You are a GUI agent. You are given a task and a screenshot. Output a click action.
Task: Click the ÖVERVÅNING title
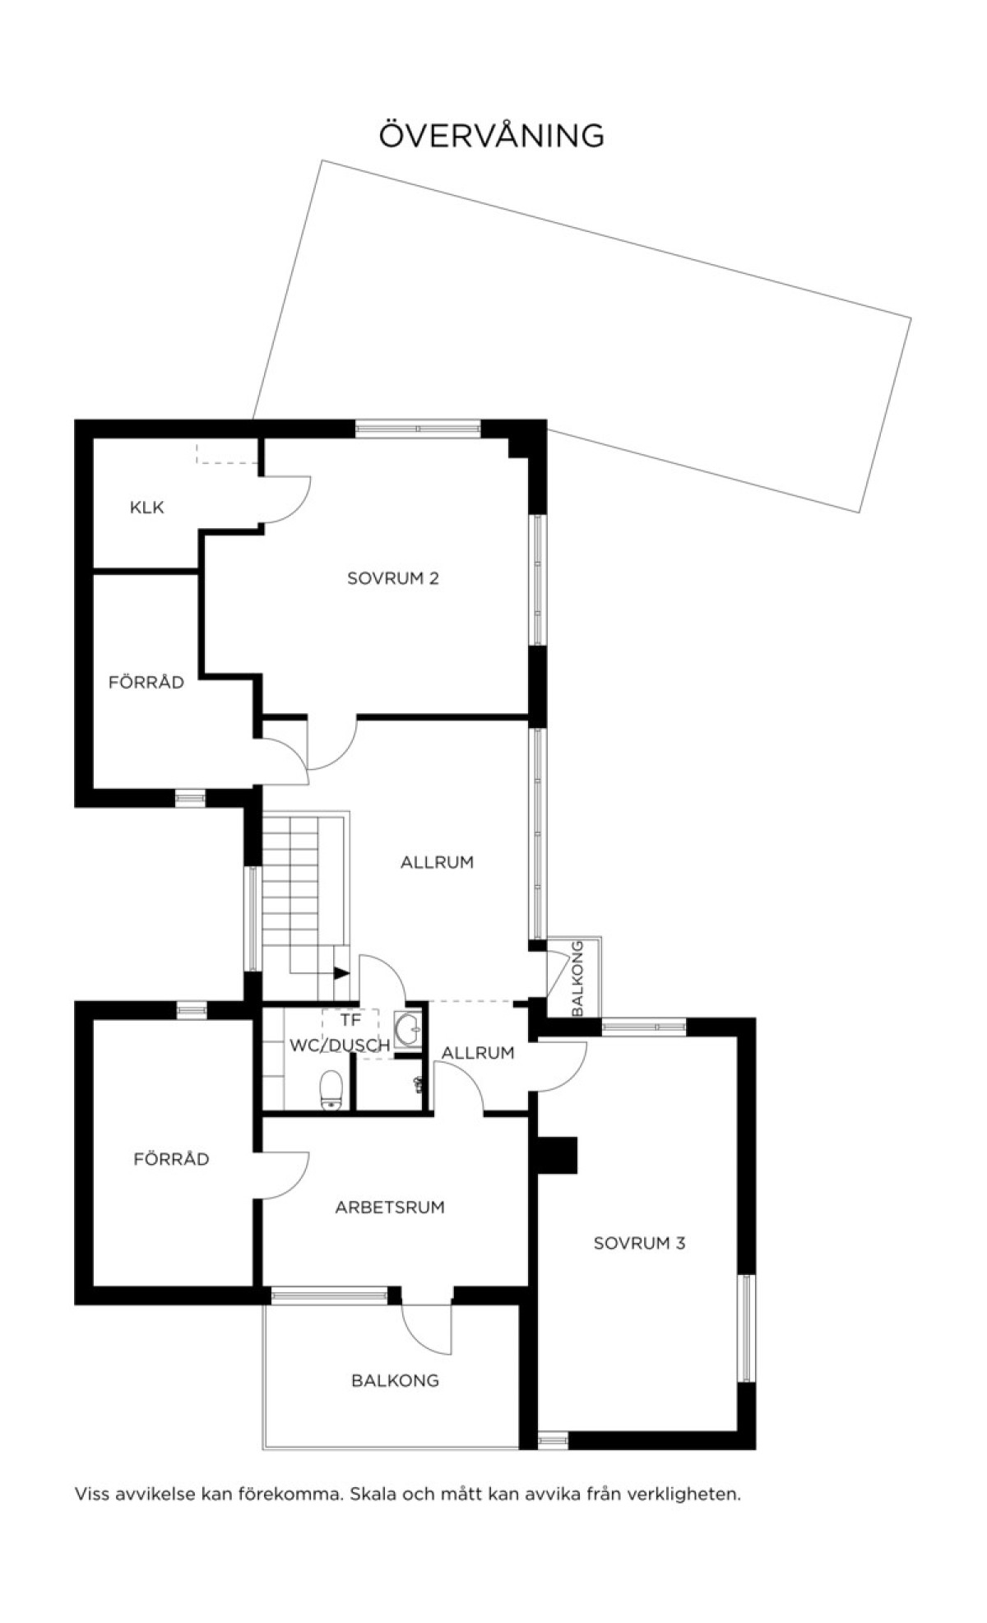point(491,136)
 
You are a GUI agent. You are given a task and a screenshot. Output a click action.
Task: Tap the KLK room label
point(147,508)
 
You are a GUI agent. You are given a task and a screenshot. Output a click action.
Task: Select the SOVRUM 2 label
point(393,578)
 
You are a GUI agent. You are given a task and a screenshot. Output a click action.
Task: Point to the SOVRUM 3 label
point(639,1243)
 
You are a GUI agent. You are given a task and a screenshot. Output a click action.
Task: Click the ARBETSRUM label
point(390,1208)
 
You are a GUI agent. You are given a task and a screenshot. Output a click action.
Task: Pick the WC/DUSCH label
point(340,1046)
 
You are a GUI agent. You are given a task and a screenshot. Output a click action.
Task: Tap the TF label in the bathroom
point(351,1021)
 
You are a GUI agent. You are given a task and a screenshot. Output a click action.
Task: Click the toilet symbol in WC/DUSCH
point(331,1090)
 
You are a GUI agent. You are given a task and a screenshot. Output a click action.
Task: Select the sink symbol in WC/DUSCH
point(408,1029)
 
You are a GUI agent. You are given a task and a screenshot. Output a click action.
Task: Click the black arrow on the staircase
point(341,972)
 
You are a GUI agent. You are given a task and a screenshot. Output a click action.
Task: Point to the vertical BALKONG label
point(577,978)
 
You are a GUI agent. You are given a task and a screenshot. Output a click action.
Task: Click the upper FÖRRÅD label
point(146,682)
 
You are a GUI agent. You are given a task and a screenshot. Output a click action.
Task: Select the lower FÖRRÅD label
point(171,1159)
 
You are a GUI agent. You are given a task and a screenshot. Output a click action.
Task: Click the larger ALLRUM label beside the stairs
point(438,863)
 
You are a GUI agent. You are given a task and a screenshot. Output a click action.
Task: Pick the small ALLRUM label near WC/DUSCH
point(478,1053)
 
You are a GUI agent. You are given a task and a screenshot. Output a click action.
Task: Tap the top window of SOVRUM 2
point(418,429)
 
